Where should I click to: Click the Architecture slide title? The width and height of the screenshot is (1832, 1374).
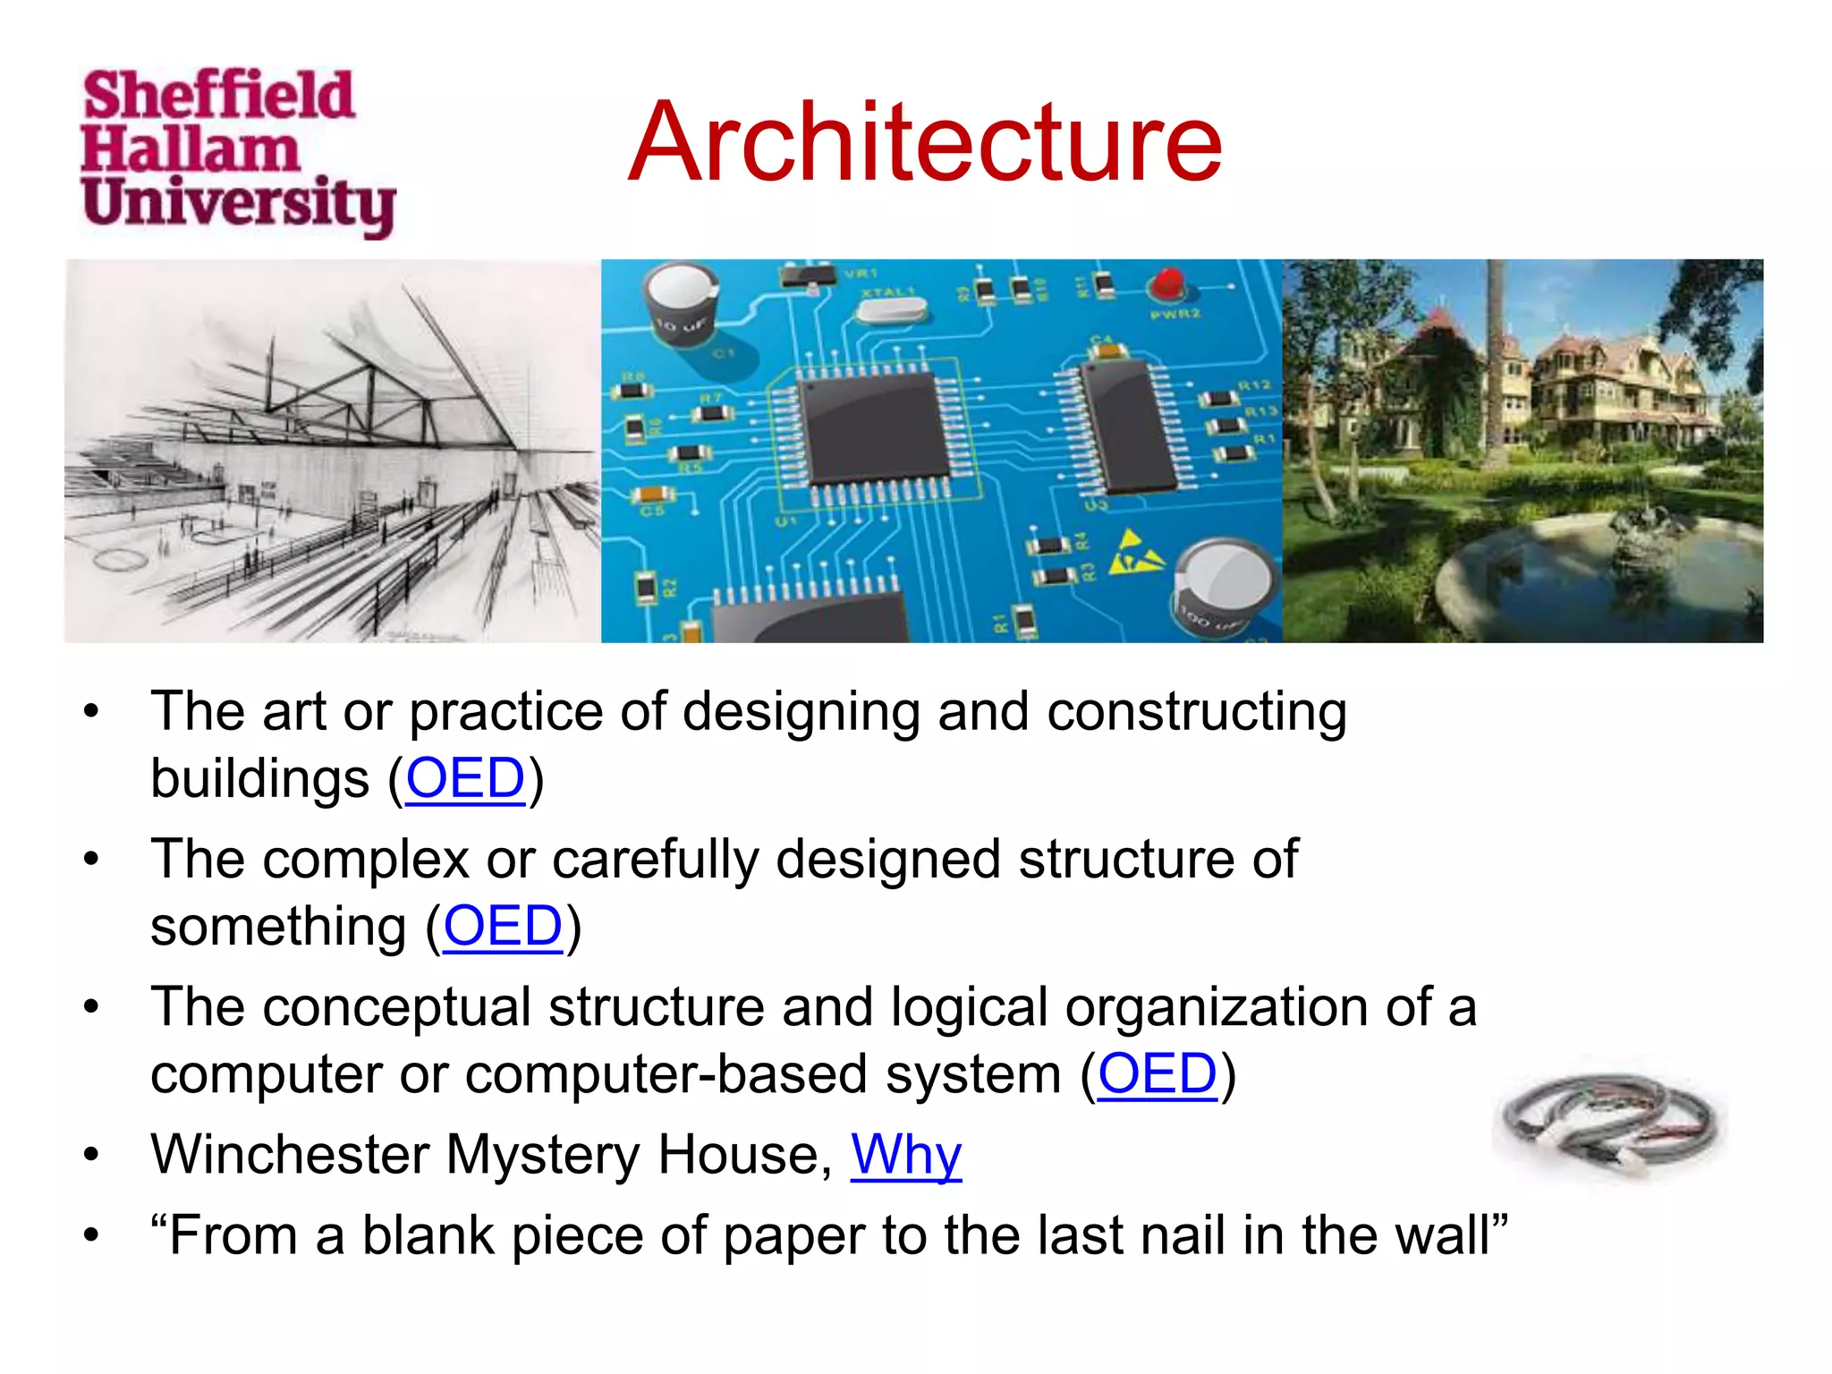[925, 143]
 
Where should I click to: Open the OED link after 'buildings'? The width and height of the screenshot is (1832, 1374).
[465, 778]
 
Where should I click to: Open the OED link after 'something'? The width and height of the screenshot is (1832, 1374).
[503, 926]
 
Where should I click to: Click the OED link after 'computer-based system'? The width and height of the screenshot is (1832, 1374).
[1158, 1073]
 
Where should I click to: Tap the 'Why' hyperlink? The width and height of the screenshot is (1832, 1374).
[905, 1155]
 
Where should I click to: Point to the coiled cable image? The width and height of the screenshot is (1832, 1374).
[1610, 1123]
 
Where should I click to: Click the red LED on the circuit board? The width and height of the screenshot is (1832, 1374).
[1166, 285]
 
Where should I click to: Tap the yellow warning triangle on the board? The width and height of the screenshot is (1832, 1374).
[1134, 554]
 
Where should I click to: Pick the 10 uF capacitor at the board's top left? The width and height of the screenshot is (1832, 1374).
[683, 304]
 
